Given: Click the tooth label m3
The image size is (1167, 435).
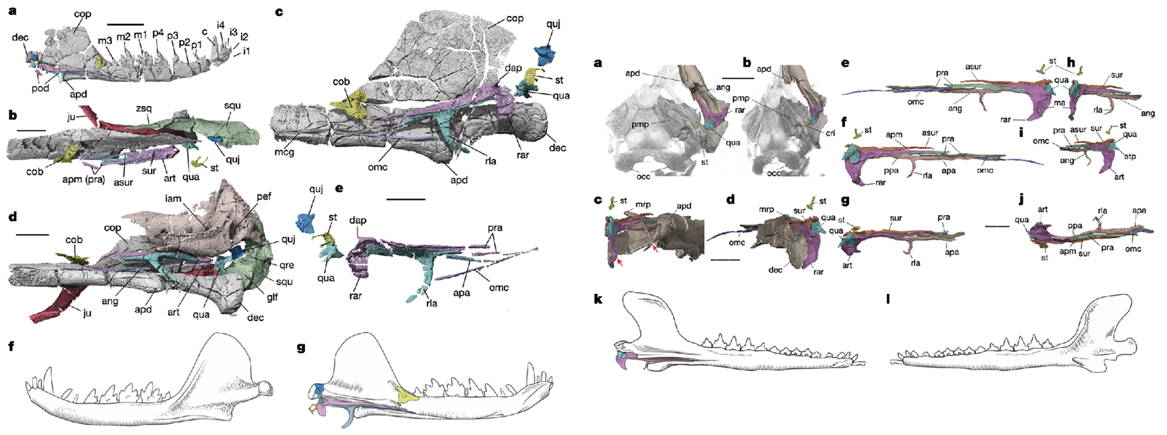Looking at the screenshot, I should [105, 41].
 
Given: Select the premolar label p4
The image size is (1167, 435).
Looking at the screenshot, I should [158, 33].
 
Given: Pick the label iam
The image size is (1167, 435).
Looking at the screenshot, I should [173, 198].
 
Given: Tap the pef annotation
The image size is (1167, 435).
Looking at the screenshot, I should [264, 196].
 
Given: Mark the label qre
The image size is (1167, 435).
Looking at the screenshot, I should [286, 265].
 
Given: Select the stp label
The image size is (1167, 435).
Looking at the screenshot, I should [1130, 157].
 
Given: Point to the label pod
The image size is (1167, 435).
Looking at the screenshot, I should [40, 88].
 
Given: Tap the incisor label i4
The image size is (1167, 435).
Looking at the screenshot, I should [220, 25].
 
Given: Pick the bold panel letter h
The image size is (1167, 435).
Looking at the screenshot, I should [1071, 63].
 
